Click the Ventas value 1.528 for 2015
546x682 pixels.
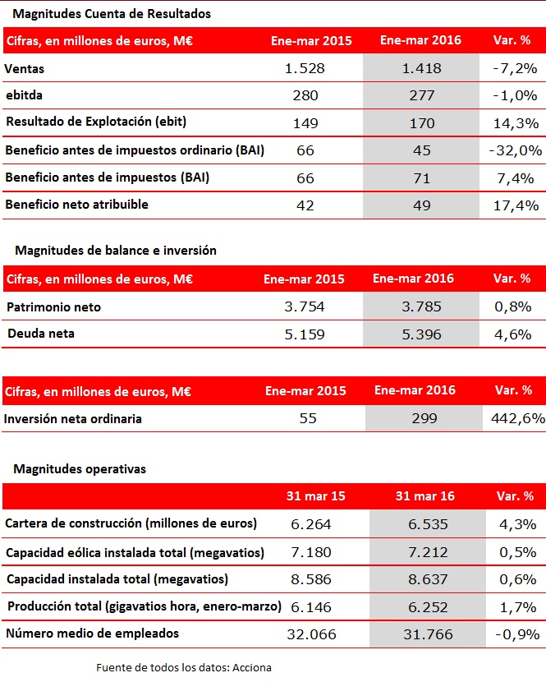pos(305,68)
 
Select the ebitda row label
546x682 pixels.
pos(25,95)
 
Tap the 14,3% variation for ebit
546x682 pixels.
pos(516,123)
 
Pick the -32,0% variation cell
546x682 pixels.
pos(516,150)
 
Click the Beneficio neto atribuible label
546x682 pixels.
pos(77,205)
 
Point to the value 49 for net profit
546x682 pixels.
pos(422,205)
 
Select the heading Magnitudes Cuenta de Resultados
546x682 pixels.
pos(112,14)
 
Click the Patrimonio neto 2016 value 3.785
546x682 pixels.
pos(421,306)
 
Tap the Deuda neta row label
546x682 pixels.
pos(41,334)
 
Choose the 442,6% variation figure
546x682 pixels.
pos(518,418)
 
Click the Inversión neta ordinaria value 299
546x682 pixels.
pos(424,418)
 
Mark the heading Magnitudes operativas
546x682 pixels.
pos(80,469)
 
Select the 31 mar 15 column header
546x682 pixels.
pos(316,496)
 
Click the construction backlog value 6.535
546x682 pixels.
pos(428,524)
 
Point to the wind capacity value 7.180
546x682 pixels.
pos(311,552)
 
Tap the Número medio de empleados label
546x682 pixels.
pos(93,634)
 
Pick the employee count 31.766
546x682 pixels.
pos(428,634)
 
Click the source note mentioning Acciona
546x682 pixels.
pos(184,668)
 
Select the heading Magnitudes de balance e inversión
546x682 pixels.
pos(116,251)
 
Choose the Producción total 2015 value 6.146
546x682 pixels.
pos(311,606)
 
